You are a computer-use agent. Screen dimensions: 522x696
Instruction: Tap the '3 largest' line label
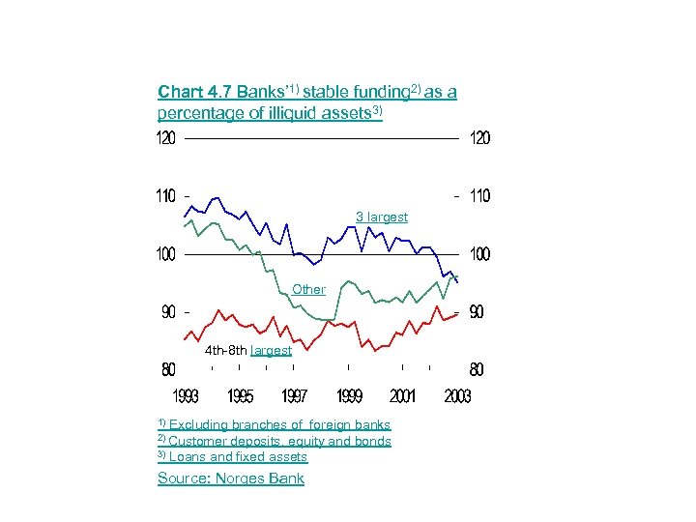coord(382,217)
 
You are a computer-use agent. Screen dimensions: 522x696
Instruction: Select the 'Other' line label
coord(309,289)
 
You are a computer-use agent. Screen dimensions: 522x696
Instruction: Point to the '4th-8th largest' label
coord(248,350)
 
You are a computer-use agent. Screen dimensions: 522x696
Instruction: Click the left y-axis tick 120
coord(166,139)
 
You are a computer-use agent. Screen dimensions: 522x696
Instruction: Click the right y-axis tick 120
coord(479,139)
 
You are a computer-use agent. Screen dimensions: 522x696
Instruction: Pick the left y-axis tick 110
coord(166,196)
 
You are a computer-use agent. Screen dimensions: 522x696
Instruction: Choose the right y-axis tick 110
coord(479,196)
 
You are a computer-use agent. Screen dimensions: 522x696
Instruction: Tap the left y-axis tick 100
coord(166,254)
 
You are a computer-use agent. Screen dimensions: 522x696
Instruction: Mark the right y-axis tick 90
coord(477,312)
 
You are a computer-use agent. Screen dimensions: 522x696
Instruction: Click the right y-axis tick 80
coord(477,369)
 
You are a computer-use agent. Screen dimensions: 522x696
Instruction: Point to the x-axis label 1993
coord(187,396)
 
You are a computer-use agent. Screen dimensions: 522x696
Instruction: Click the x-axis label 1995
coord(241,396)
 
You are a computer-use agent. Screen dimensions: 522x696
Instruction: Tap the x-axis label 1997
coord(295,396)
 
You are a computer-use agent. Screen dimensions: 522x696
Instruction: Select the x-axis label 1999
coord(349,396)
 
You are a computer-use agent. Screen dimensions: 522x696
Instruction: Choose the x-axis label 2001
coord(403,396)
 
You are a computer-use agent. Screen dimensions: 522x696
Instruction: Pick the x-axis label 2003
coord(457,396)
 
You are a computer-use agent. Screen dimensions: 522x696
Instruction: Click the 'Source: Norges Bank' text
coord(231,478)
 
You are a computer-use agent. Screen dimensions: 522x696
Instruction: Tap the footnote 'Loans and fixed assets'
coord(238,457)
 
